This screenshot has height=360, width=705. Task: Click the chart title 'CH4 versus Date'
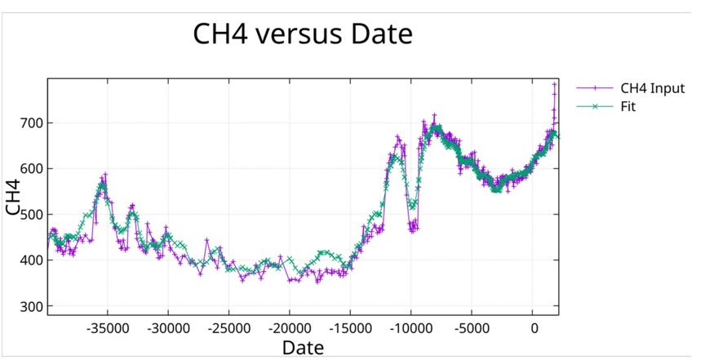click(x=303, y=34)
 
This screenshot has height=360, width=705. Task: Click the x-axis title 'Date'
click(x=303, y=347)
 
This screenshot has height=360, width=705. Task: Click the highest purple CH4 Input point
click(x=555, y=84)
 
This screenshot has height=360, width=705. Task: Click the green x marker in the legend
click(x=595, y=106)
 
